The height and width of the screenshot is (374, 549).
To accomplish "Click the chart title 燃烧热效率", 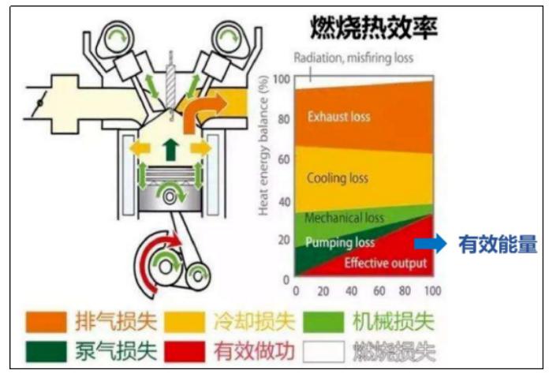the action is coord(374,28).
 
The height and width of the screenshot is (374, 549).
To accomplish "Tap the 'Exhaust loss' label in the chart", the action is coord(338,116).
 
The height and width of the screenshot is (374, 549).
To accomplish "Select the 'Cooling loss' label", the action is coord(338,178).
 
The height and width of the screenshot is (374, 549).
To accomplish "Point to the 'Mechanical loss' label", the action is coord(344,218).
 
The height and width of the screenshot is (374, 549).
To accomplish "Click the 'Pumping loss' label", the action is coord(340,242).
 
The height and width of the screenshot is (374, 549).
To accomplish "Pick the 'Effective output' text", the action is coord(386,263).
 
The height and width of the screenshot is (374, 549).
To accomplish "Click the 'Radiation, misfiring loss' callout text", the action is coord(353,58).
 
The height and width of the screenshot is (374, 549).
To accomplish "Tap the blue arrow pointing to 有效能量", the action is coord(431,243).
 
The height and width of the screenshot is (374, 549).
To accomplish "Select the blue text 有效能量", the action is coord(498,244).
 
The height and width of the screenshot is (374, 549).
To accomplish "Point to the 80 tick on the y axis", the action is coord(284,119).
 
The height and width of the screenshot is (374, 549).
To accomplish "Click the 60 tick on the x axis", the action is coord(379,290).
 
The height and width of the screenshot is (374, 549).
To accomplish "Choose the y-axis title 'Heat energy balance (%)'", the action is coord(263,145).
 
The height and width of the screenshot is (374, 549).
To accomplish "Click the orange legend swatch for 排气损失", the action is coord(46,321).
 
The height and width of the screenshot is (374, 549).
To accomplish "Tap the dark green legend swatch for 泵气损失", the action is coord(46,352).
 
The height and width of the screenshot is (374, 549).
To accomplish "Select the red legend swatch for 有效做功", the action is coord(185,352).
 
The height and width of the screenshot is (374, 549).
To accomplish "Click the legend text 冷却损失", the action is coord(254,321).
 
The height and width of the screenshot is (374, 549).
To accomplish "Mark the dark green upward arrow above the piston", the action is coord(171,149).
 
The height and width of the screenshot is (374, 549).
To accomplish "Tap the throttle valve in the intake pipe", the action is coord(40,103).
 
